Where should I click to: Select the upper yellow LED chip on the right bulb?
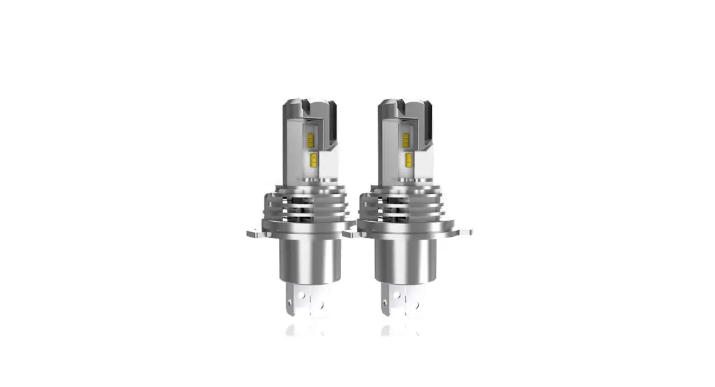coord(405,139)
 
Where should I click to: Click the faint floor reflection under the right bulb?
coord(403,330)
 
